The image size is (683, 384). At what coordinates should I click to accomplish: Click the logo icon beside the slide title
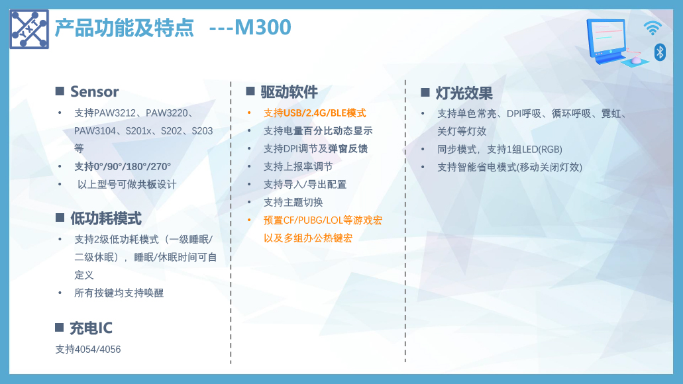(29, 29)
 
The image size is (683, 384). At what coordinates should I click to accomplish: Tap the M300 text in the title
(262, 27)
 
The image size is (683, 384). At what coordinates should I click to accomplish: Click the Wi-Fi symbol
(653, 28)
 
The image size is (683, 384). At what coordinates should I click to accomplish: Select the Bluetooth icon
(660, 52)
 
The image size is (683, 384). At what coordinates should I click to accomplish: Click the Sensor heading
(95, 91)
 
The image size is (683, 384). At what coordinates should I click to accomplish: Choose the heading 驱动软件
(289, 92)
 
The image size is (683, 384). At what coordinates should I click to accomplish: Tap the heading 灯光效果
(464, 93)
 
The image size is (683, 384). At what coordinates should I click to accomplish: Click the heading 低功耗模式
(106, 218)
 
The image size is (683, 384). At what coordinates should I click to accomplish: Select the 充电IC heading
(91, 328)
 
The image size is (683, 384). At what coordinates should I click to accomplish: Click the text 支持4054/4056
(88, 349)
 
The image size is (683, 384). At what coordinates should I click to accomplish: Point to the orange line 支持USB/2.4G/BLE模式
(315, 113)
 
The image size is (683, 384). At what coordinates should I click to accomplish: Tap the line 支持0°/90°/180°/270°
(123, 166)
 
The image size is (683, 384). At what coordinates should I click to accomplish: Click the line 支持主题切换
(293, 202)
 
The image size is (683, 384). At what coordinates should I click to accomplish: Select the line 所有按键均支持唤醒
(119, 293)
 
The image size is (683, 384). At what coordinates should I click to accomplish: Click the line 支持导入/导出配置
(305, 184)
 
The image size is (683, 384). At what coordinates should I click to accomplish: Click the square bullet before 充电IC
(60, 328)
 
